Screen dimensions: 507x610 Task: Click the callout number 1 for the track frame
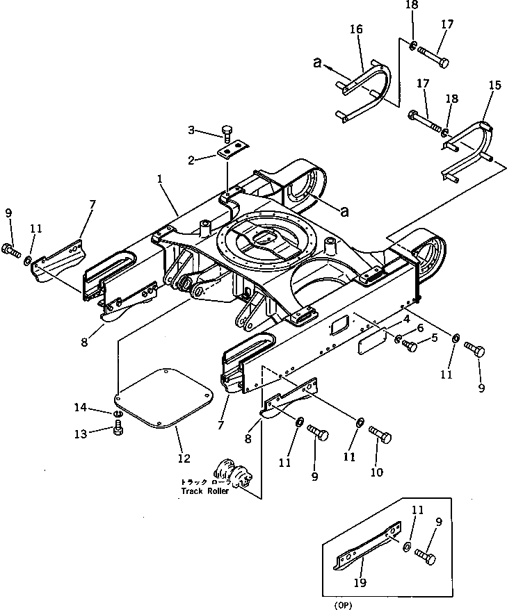(160, 179)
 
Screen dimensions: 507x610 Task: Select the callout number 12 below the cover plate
(184, 459)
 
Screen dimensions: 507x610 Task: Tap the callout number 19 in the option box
(360, 582)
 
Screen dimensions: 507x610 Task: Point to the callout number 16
(356, 29)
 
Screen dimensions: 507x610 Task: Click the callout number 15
(494, 85)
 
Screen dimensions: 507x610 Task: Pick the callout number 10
(376, 472)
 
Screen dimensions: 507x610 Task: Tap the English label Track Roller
(205, 491)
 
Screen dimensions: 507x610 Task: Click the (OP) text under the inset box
(343, 605)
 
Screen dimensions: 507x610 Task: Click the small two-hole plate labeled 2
(233, 150)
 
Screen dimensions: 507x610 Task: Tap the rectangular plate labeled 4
(372, 341)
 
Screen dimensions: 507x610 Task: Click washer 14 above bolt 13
(118, 413)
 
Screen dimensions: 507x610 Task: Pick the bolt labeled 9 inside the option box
(425, 556)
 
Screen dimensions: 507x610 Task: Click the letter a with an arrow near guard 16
(318, 63)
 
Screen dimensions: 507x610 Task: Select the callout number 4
(406, 320)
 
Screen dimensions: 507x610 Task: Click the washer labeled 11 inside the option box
(407, 547)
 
